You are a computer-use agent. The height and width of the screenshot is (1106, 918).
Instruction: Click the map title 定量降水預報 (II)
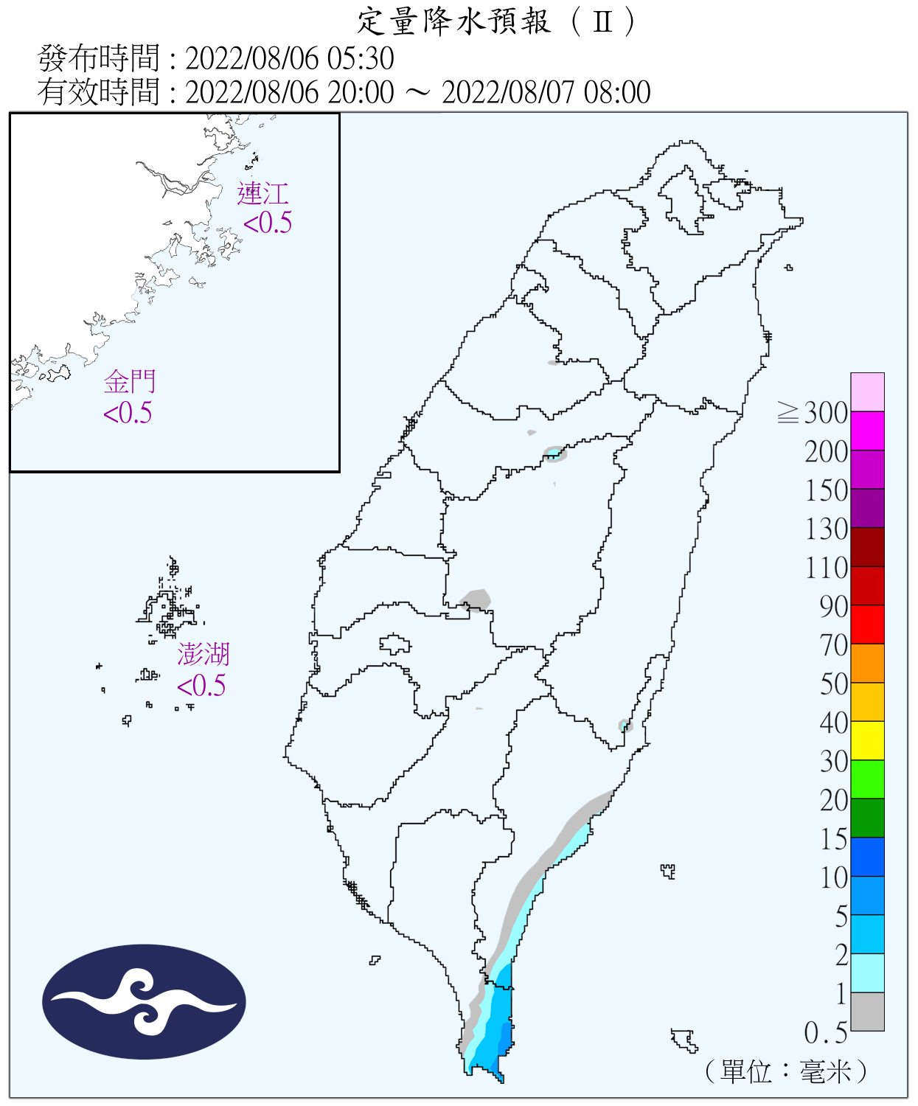pyautogui.click(x=495, y=21)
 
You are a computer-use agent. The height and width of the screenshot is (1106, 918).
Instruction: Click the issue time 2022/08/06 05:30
pyautogui.click(x=289, y=58)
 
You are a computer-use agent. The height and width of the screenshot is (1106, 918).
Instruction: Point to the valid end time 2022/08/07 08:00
pyautogui.click(x=546, y=93)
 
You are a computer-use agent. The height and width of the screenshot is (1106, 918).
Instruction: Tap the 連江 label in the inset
pyautogui.click(x=262, y=193)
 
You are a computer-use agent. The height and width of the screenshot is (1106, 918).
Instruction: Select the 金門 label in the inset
pyautogui.click(x=130, y=382)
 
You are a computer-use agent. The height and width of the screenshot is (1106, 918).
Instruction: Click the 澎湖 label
pyautogui.click(x=204, y=654)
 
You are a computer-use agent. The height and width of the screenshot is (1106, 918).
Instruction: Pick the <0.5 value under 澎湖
pyautogui.click(x=201, y=686)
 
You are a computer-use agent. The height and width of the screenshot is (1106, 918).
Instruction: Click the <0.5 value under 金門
pyautogui.click(x=128, y=414)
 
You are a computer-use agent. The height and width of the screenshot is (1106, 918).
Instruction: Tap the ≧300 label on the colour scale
pyautogui.click(x=813, y=413)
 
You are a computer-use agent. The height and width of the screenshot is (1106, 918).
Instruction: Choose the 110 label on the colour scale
pyautogui.click(x=827, y=568)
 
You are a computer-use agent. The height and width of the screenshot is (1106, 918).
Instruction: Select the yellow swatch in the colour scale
pyautogui.click(x=867, y=740)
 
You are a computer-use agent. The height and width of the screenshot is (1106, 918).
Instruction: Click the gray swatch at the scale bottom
pyautogui.click(x=867, y=1012)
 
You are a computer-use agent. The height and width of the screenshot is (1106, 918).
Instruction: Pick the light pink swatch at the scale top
pyautogui.click(x=867, y=392)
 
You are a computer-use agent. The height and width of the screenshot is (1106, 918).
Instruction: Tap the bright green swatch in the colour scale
pyautogui.click(x=867, y=779)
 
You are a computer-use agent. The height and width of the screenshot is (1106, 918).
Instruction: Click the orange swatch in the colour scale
pyautogui.click(x=867, y=663)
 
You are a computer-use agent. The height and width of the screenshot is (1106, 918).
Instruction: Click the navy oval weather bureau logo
pyautogui.click(x=144, y=1002)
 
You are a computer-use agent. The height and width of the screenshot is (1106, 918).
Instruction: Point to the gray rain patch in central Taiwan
pyautogui.click(x=476, y=599)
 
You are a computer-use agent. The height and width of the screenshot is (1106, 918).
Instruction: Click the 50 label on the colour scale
pyautogui.click(x=834, y=684)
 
